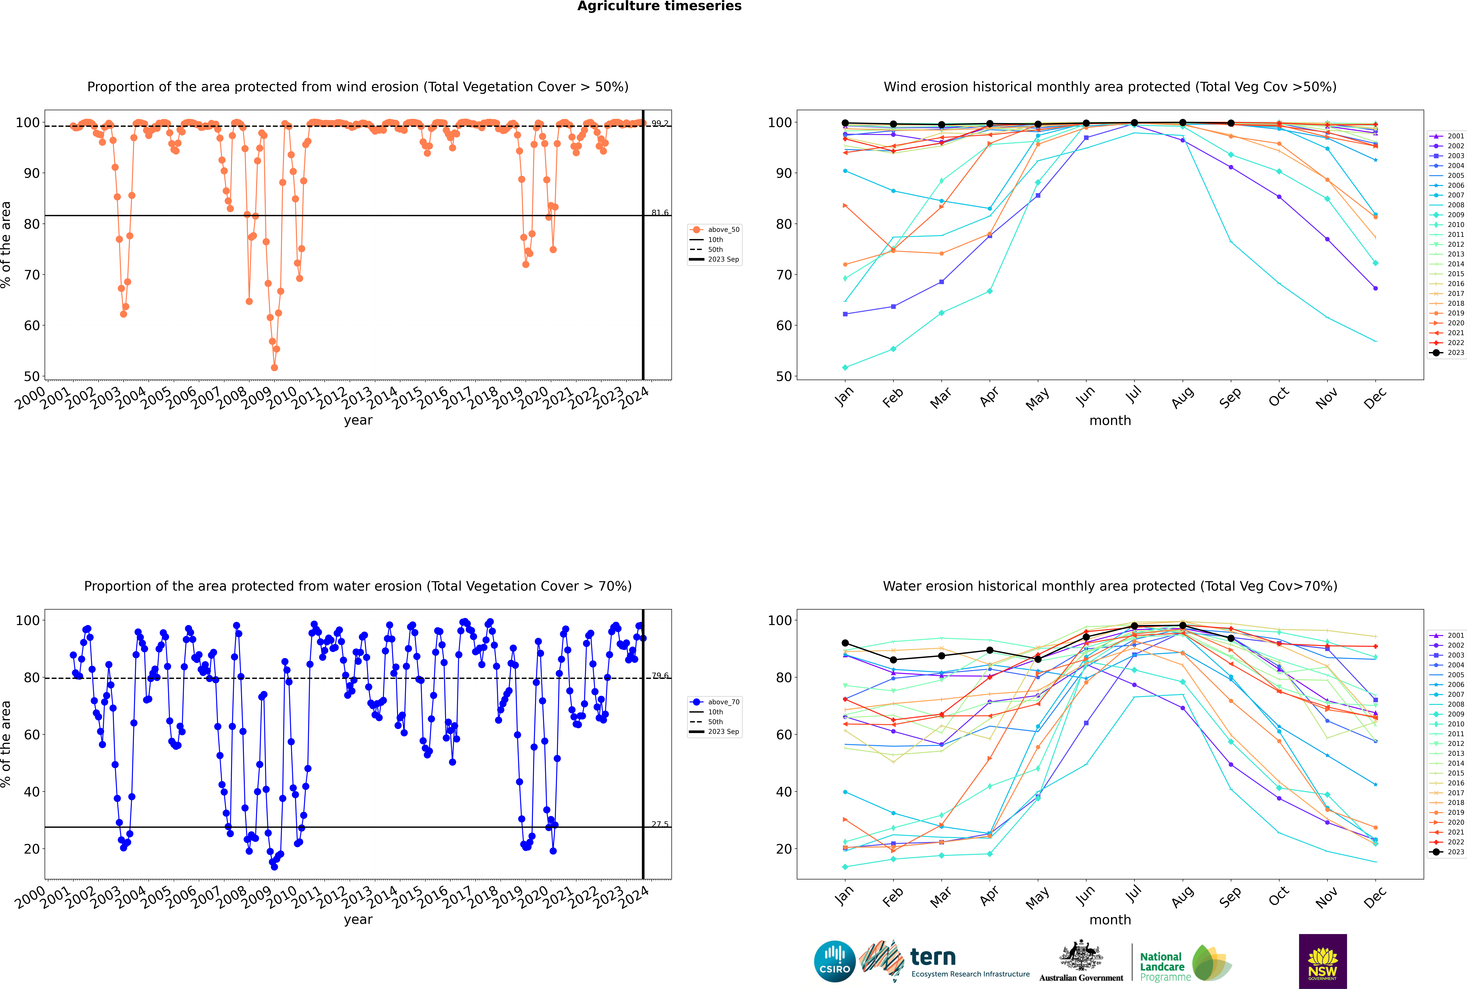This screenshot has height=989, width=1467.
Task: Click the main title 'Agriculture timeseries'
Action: click(659, 6)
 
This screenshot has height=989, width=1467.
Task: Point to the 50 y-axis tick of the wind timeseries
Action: click(31, 377)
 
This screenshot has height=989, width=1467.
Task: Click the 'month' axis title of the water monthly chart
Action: click(1110, 920)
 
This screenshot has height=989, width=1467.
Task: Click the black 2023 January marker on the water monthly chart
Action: click(845, 643)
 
